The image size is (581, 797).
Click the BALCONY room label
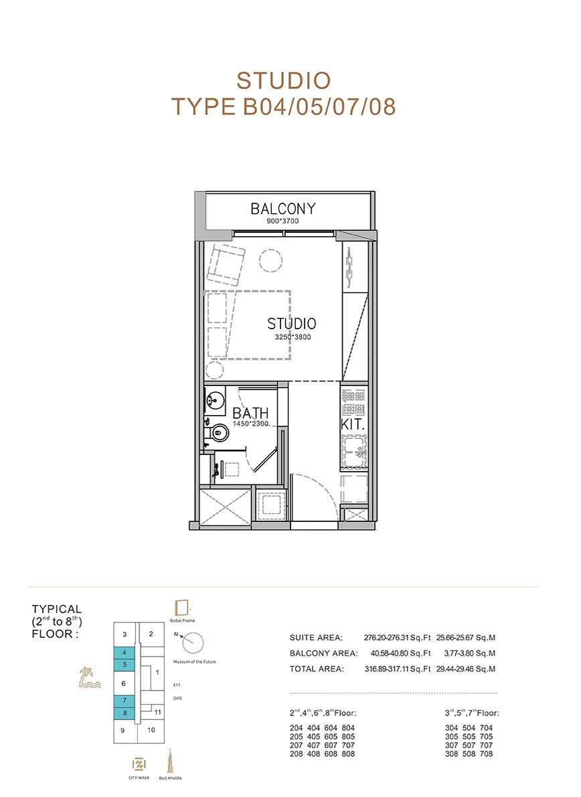pyautogui.click(x=283, y=208)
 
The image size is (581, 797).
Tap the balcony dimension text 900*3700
pyautogui.click(x=282, y=221)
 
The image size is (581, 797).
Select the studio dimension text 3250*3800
pyautogui.click(x=293, y=337)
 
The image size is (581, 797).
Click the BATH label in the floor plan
pyautogui.click(x=250, y=413)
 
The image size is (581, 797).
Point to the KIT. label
pyautogui.click(x=353, y=424)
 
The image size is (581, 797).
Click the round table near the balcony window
pyautogui.click(x=270, y=261)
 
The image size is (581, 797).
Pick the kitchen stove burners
pyautogui.click(x=353, y=402)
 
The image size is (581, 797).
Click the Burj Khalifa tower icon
pyautogui.click(x=170, y=762)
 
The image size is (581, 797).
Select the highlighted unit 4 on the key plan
pyautogui.click(x=124, y=652)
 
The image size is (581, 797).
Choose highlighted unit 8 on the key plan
pyautogui.click(x=124, y=713)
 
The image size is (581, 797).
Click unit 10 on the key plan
pyautogui.click(x=151, y=730)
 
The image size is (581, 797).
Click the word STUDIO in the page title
pyautogui.click(x=284, y=82)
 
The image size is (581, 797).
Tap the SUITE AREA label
pyautogui.click(x=316, y=638)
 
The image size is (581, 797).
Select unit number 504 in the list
pyautogui.click(x=469, y=728)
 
